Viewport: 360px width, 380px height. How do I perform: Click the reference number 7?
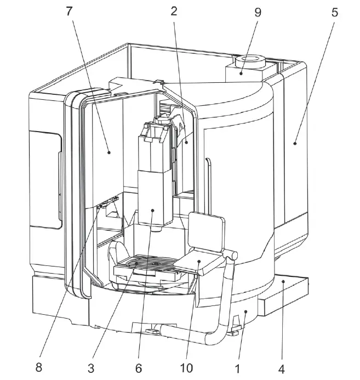pos(69,12)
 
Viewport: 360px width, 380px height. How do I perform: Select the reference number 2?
pos(174,12)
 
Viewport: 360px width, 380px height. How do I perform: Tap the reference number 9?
pos(257,12)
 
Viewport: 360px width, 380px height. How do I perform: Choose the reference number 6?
pos(139,367)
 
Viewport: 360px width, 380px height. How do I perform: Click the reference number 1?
pos(237,367)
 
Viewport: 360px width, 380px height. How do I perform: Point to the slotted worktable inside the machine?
pos(155,266)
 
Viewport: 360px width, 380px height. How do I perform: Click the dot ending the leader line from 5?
pos(295,143)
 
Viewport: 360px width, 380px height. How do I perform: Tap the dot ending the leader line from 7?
pos(109,152)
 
